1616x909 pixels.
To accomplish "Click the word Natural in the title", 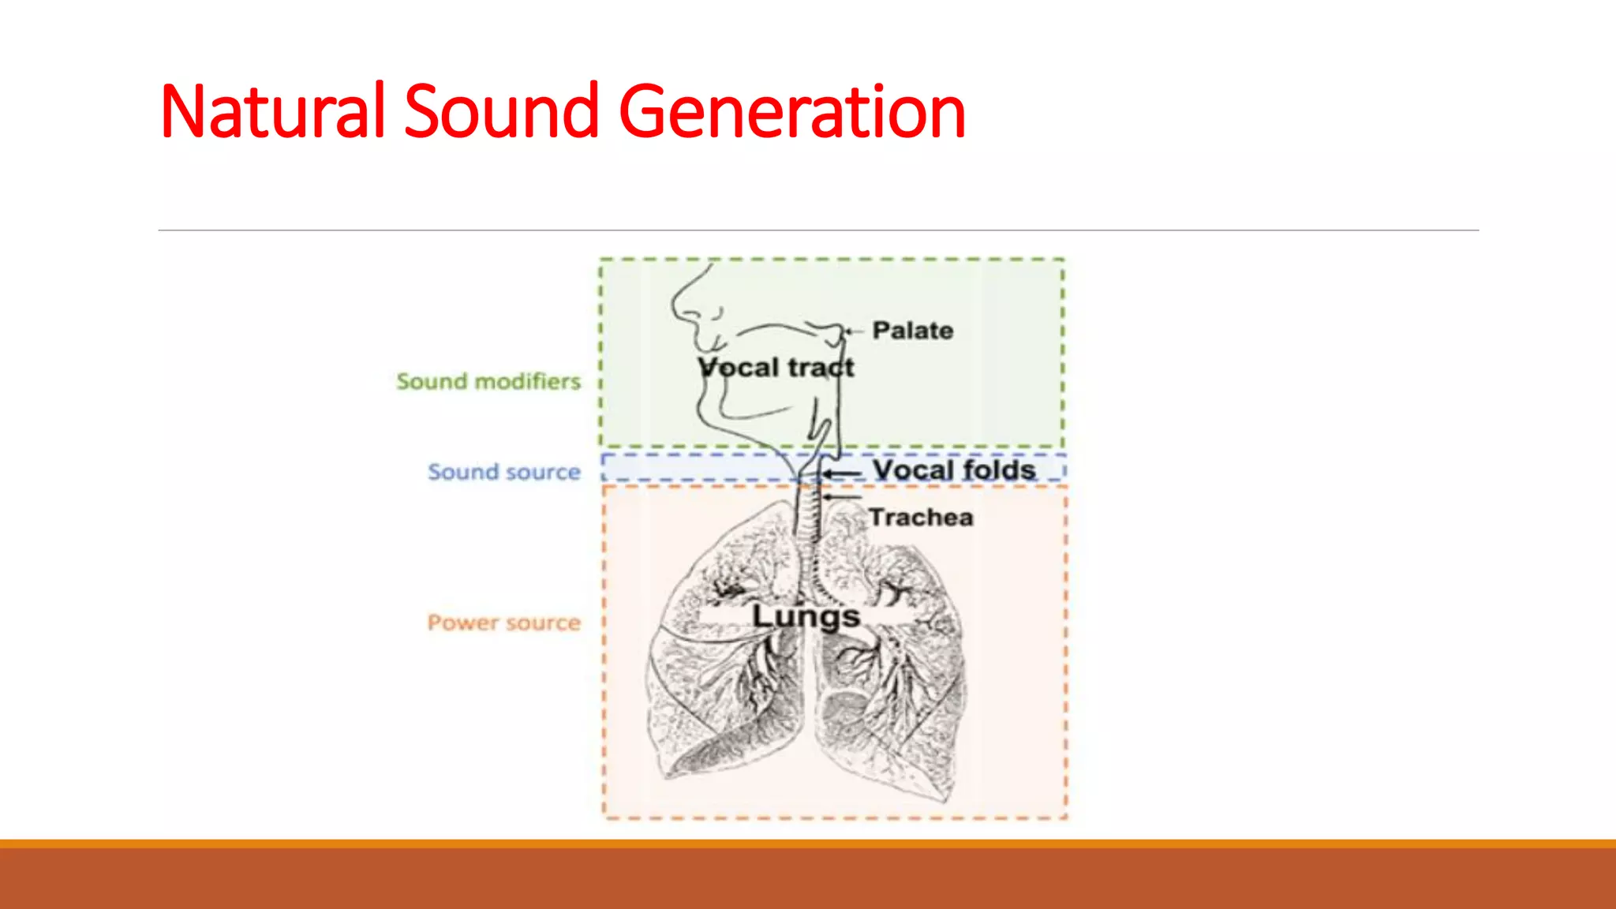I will pyautogui.click(x=272, y=112).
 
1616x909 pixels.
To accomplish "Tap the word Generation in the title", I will pyautogui.click(x=792, y=112).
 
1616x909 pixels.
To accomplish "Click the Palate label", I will pyautogui.click(x=912, y=331).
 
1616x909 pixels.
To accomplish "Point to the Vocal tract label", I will pyautogui.click(x=776, y=368).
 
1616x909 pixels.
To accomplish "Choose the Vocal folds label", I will pyautogui.click(x=954, y=470).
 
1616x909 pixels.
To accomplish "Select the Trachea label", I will pyautogui.click(x=921, y=518).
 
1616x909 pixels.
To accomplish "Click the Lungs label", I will pyautogui.click(x=805, y=616).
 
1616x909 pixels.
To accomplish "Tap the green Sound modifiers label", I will pyautogui.click(x=488, y=382).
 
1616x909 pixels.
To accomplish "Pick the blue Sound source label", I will pyautogui.click(x=504, y=472).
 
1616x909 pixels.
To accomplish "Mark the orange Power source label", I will pyautogui.click(x=504, y=623).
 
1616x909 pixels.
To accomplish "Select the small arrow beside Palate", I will pyautogui.click(x=854, y=331).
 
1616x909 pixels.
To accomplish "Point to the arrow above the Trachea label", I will pyautogui.click(x=842, y=497).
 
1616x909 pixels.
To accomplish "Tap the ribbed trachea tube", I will pyautogui.click(x=807, y=513).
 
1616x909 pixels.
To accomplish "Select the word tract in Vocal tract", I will pyautogui.click(x=821, y=368).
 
